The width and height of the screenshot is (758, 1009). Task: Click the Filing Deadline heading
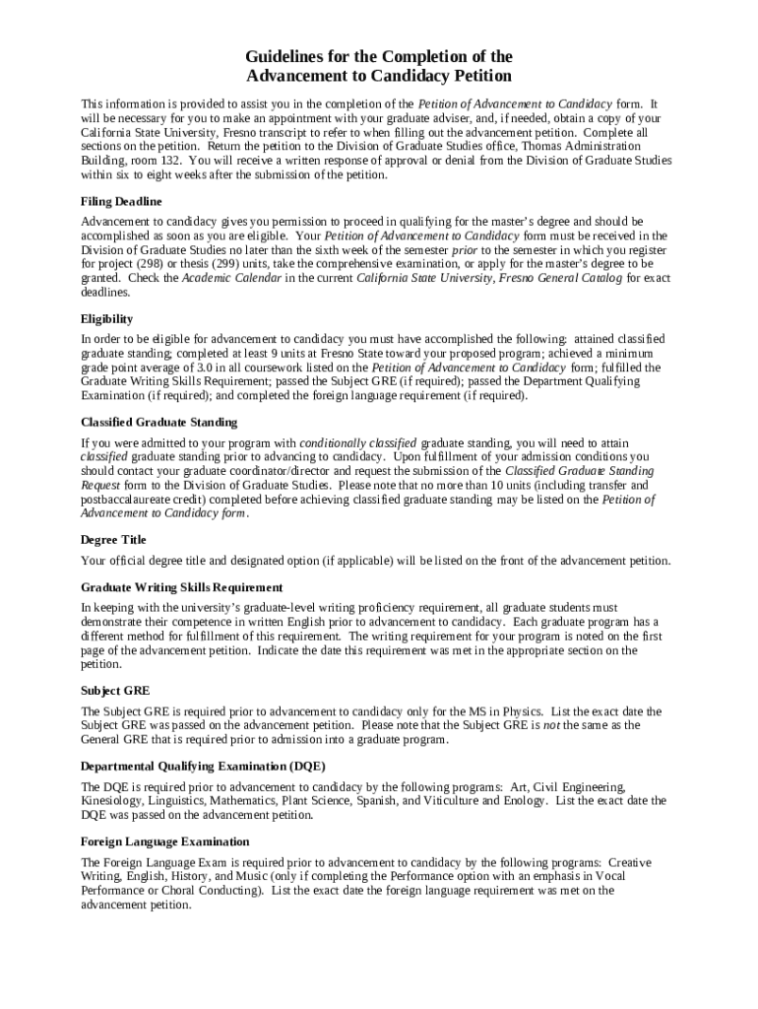(x=121, y=201)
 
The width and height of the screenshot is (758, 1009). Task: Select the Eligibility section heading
(x=106, y=319)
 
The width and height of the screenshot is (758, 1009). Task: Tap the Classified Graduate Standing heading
(x=158, y=422)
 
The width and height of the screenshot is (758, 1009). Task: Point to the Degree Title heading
(x=113, y=540)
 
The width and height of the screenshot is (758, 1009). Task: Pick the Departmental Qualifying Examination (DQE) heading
(x=203, y=766)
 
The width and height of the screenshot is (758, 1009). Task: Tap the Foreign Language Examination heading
(x=164, y=841)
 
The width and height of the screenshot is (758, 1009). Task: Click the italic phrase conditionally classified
(x=358, y=442)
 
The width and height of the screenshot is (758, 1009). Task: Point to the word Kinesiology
(x=112, y=801)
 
